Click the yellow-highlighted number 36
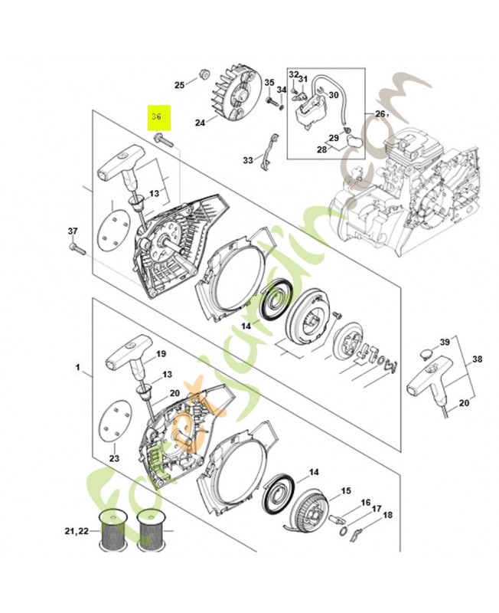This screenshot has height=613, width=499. pos(157,117)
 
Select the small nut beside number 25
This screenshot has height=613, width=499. pos(204,74)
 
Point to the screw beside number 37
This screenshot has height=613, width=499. pos(76,247)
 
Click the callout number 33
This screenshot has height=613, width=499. pos(248,160)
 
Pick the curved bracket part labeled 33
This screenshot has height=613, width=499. pos(269,150)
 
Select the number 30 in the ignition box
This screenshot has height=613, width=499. pos(333,94)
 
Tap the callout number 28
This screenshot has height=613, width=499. pos(322,149)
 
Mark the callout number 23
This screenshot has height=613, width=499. pos(115,458)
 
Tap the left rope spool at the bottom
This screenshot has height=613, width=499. pos(113,531)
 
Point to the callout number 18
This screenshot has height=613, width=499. pos(387,515)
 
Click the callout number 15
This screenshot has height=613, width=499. pos(346,491)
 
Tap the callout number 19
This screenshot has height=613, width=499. pos(161,354)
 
